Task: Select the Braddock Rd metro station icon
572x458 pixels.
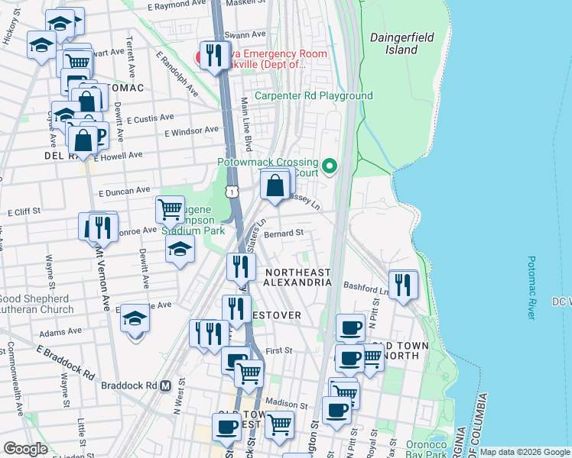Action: pos(164,385)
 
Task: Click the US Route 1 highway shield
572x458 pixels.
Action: pos(232,189)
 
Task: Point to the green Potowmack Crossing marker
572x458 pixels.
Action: pos(330,164)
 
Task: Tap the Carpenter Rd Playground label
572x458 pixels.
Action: pos(314,96)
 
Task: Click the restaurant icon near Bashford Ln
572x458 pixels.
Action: pos(403,285)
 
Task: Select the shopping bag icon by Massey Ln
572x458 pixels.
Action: pos(275,184)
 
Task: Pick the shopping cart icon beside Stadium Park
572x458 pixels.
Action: pos(170,208)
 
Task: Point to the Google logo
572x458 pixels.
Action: pos(25,449)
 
